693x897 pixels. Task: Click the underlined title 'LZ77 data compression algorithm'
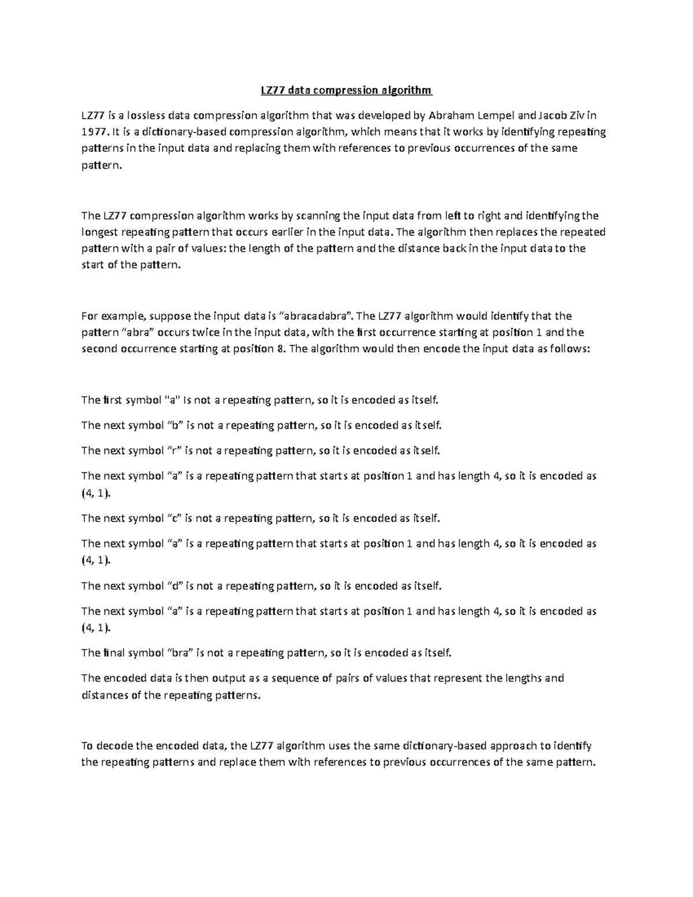(x=346, y=90)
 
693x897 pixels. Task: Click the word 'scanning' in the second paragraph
(x=318, y=216)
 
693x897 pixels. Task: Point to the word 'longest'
(x=100, y=233)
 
